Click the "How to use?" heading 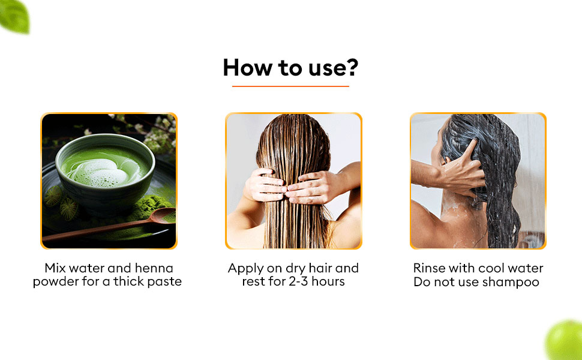(x=290, y=68)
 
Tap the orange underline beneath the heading (x=290, y=86)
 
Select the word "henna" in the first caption (x=154, y=268)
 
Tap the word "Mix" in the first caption (x=55, y=268)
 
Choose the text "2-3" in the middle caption (x=298, y=281)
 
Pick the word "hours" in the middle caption (x=328, y=281)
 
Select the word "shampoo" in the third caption (x=511, y=283)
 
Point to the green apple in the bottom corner (x=564, y=340)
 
